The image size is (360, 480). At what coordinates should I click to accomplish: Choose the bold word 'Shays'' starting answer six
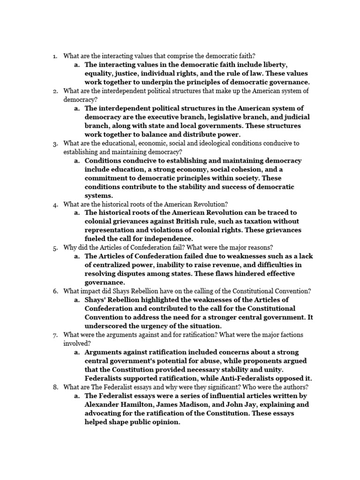tap(97, 300)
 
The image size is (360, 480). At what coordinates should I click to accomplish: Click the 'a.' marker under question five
tap(77, 256)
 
